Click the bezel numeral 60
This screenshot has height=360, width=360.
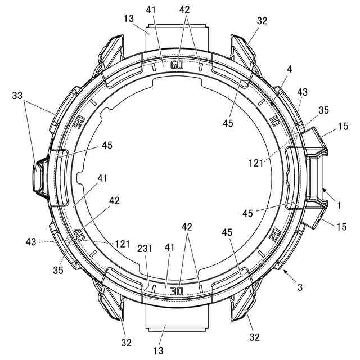point(177,65)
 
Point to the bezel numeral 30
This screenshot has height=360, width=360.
point(177,291)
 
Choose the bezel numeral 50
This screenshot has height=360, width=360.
point(79,121)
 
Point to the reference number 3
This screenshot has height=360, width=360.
point(300,287)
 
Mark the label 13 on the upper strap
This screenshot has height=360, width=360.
point(129,19)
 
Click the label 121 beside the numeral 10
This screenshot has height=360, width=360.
point(256,163)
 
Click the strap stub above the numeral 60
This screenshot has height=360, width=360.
point(177,36)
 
